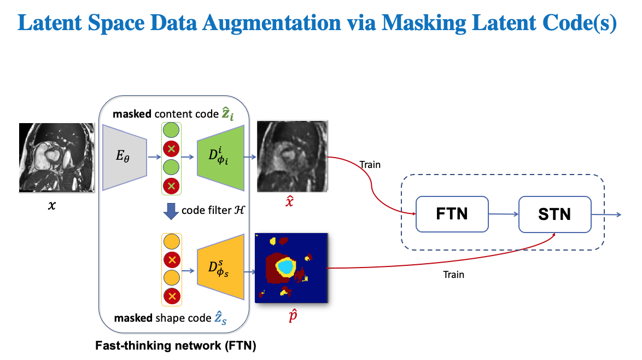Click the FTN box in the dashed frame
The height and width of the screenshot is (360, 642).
[452, 213]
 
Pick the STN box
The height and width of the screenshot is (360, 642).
[555, 213]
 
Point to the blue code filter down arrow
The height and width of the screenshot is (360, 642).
[171, 211]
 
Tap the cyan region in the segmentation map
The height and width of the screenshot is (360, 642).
[285, 266]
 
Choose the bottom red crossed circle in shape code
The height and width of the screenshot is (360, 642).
[172, 297]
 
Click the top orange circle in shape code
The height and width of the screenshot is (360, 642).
[172, 242]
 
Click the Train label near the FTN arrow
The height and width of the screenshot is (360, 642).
[370, 164]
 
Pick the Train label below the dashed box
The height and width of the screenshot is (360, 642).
[453, 274]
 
